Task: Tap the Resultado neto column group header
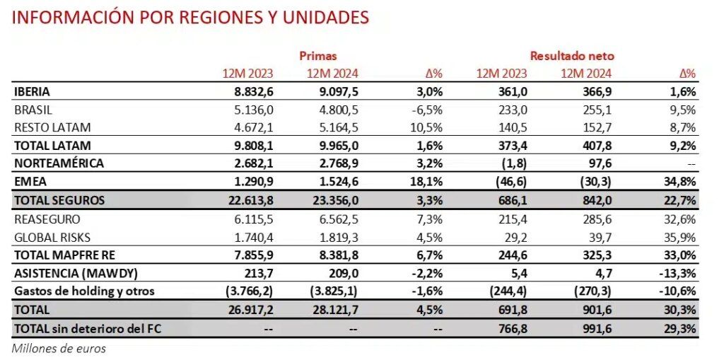tap(572, 55)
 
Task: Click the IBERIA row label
tap(32, 92)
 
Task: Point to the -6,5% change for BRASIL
tap(428, 110)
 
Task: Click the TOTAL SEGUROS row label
tap(59, 200)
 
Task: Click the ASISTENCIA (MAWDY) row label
tap(66, 273)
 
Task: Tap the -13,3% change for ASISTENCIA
tap(678, 273)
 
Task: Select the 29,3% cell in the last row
tap(680, 327)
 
